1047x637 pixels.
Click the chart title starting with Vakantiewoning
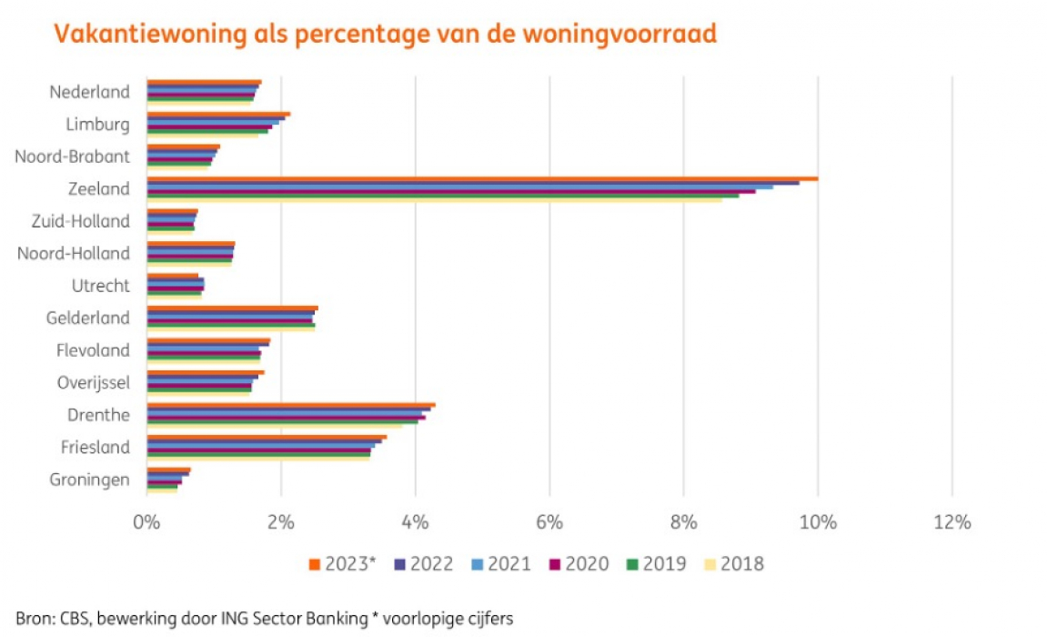click(385, 35)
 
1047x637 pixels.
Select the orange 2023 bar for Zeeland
click(482, 178)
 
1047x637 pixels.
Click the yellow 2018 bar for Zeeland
click(434, 200)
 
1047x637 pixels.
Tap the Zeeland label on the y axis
click(99, 188)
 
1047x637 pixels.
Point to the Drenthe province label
click(98, 415)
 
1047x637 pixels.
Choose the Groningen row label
click(90, 480)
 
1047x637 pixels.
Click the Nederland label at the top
click(89, 92)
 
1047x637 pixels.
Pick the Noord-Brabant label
click(72, 157)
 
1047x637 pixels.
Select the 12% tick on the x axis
click(951, 522)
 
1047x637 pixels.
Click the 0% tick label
click(146, 522)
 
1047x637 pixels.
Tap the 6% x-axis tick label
click(549, 522)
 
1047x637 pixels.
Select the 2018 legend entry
click(742, 564)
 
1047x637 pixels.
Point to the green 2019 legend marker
click(634, 564)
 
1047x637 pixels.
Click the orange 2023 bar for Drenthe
click(291, 404)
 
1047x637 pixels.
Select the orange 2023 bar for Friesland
click(267, 437)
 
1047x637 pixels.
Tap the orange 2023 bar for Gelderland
click(232, 308)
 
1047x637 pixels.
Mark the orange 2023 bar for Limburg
click(218, 114)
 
